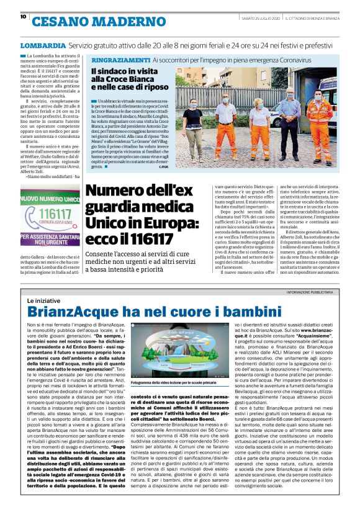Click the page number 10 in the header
coord(23,17)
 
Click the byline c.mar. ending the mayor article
coord(163,167)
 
